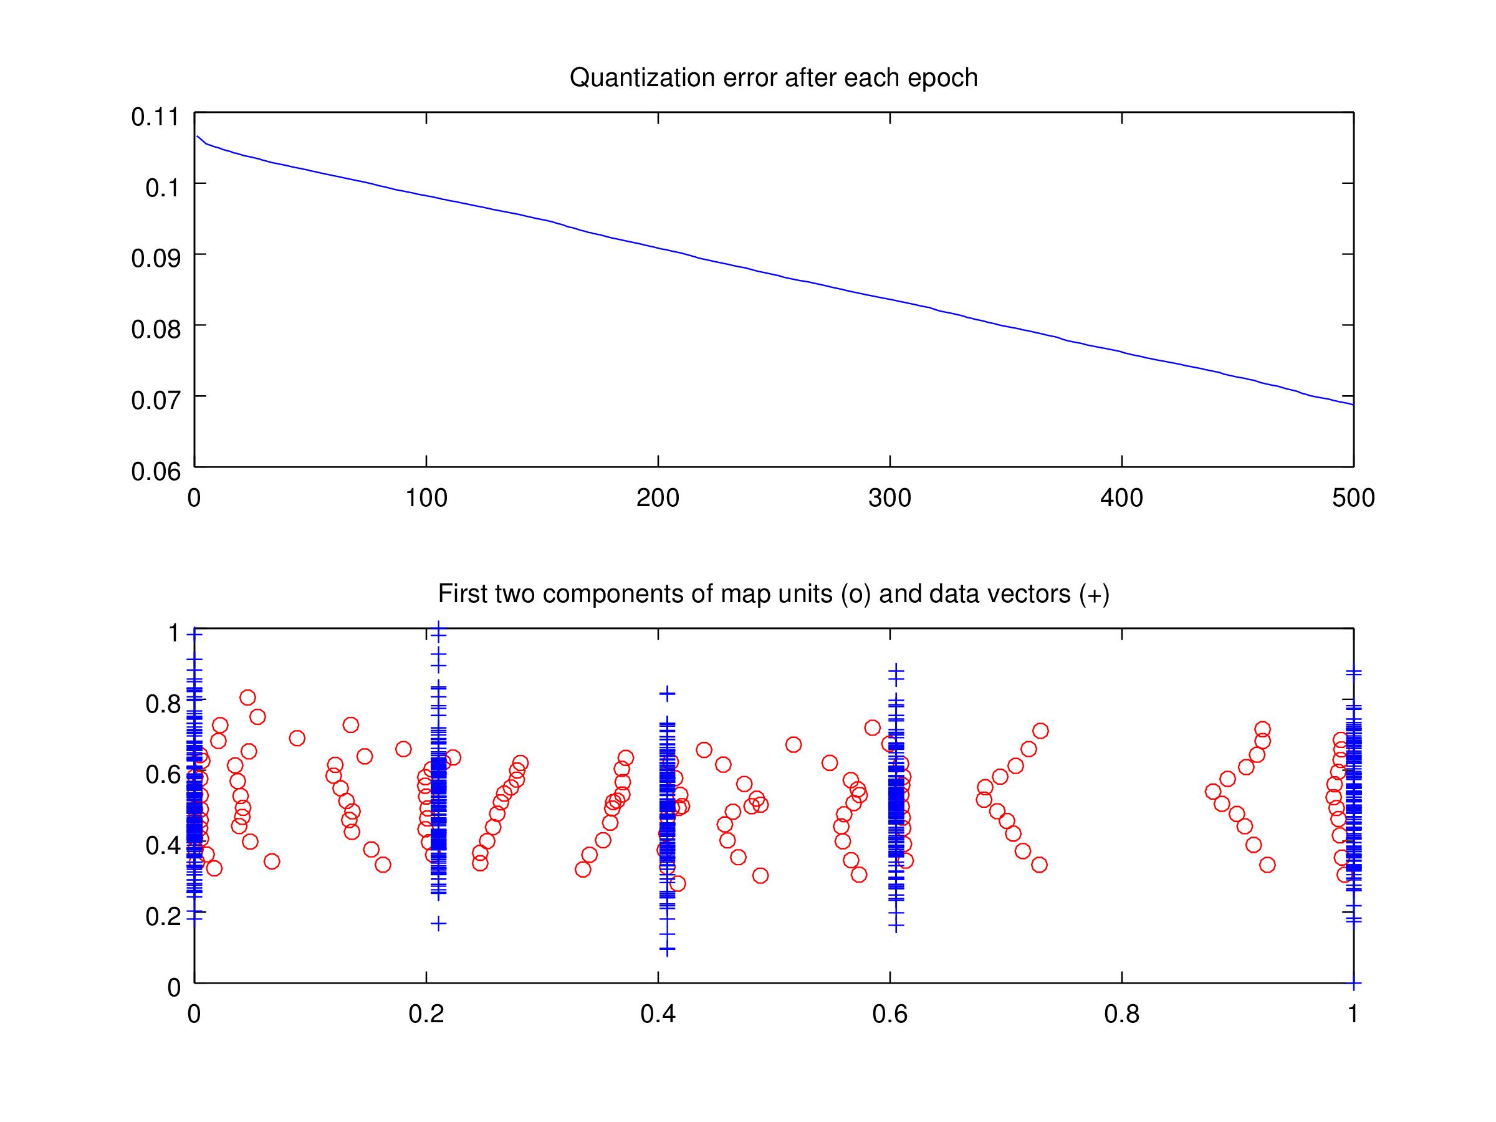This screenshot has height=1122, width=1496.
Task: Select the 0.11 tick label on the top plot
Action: click(x=156, y=117)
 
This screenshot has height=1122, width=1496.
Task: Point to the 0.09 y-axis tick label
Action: click(x=156, y=258)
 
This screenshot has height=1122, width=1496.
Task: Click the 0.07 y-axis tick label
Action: click(x=156, y=400)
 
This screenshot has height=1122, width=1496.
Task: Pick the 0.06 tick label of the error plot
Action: click(x=156, y=471)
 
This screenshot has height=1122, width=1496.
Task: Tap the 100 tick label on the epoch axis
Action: click(x=426, y=499)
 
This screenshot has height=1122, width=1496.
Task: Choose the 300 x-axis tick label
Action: click(x=889, y=499)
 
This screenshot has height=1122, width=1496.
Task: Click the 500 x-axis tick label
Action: click(x=1353, y=499)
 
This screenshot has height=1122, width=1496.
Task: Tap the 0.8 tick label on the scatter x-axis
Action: click(x=1121, y=1014)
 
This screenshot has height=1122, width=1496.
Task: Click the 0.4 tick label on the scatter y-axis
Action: click(x=163, y=845)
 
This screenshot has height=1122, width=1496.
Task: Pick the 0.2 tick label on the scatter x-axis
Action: click(x=426, y=1014)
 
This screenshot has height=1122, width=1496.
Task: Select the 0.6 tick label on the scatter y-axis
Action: click(x=163, y=774)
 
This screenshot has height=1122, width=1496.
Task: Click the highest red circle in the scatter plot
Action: click(x=247, y=698)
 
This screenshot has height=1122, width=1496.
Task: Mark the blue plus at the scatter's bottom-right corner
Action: click(x=1353, y=982)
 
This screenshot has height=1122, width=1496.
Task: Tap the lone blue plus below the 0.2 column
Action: click(x=439, y=923)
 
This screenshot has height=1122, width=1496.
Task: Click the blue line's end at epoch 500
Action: click(x=1353, y=405)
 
